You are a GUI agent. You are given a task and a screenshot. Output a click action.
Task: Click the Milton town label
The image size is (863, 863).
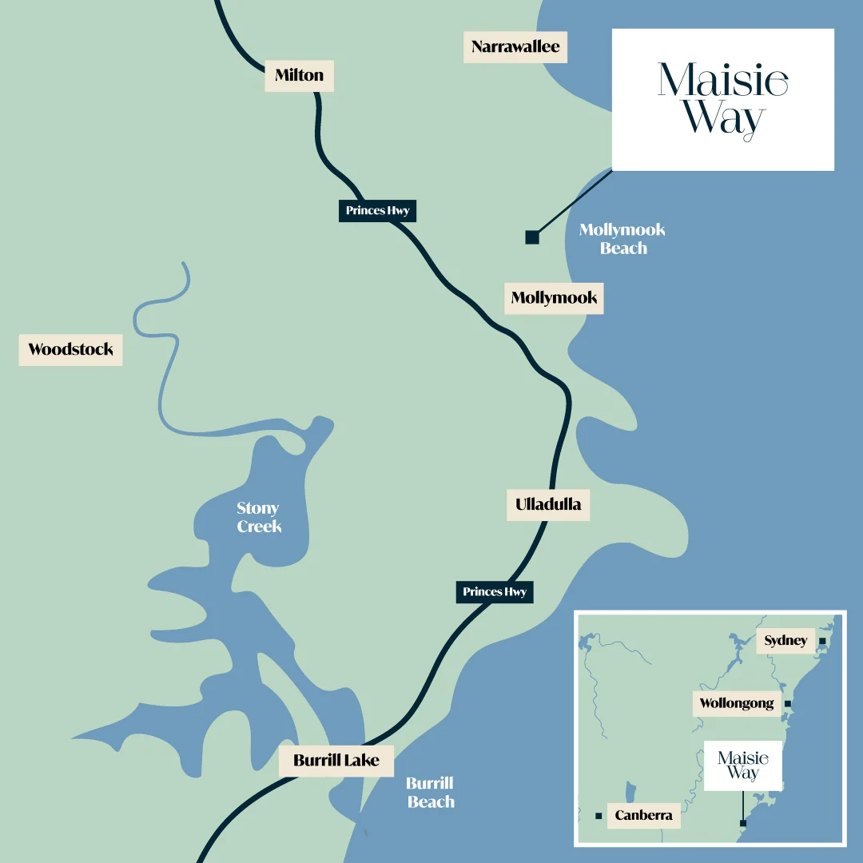click(300, 76)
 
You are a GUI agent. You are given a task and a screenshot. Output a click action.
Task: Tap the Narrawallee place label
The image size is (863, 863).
click(515, 47)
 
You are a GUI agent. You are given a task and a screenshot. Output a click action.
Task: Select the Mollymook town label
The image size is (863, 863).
click(554, 298)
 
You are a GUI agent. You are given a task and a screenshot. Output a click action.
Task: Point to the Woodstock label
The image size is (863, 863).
click(70, 350)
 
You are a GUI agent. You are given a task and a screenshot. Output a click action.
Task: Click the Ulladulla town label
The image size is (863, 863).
click(548, 505)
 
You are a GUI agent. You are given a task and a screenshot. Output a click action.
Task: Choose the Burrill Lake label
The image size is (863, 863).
click(336, 760)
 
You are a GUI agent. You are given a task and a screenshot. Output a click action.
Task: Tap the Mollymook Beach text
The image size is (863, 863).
click(622, 239)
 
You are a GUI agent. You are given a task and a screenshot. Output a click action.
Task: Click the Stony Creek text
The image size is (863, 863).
click(258, 517)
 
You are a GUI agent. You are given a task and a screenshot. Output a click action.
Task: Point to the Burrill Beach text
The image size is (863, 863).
click(430, 793)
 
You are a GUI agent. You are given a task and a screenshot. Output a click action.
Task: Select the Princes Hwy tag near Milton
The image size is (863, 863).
click(377, 211)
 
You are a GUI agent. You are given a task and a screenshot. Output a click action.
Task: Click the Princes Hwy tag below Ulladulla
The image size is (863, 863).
click(495, 592)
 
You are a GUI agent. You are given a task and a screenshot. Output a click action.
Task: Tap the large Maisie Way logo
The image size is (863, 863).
click(722, 100)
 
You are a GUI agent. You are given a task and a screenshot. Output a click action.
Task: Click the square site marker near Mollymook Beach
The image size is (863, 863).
click(532, 237)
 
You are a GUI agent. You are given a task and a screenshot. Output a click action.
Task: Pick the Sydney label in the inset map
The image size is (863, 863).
click(785, 641)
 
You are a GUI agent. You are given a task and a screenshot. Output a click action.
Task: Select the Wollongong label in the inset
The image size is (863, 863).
click(737, 704)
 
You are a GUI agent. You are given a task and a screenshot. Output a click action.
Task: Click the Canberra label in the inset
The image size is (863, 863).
click(643, 816)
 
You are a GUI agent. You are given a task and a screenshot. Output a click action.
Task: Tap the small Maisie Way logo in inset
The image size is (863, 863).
click(743, 766)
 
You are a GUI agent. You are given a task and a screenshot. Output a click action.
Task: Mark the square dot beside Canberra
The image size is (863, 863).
click(599, 816)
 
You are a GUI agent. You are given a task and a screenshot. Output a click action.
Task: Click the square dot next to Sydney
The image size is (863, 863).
click(822, 641)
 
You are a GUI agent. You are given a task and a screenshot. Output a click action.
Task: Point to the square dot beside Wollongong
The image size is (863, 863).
click(787, 704)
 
